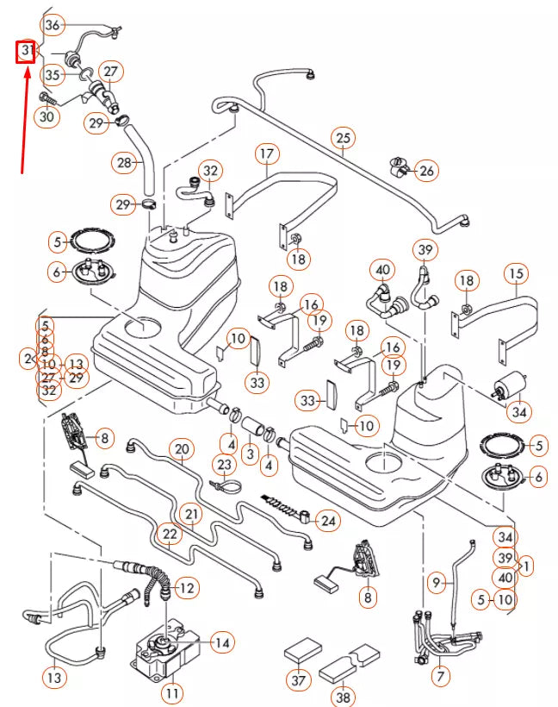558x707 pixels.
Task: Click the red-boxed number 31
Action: [x=27, y=52]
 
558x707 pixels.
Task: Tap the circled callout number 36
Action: [x=53, y=25]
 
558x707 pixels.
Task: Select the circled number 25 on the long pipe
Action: [x=344, y=138]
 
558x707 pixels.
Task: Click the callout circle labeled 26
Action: [x=426, y=171]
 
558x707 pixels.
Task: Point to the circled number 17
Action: [x=266, y=154]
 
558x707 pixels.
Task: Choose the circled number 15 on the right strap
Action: [x=517, y=275]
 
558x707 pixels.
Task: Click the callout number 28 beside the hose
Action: [x=125, y=161]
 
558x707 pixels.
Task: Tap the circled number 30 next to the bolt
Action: [x=46, y=116]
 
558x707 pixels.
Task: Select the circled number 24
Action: [x=327, y=521]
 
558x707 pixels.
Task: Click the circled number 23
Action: [x=224, y=466]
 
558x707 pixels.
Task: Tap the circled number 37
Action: [x=299, y=681]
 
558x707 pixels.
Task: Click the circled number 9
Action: [x=437, y=584]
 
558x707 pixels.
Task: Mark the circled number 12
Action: [x=188, y=588]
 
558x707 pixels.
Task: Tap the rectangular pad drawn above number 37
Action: [x=302, y=648]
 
